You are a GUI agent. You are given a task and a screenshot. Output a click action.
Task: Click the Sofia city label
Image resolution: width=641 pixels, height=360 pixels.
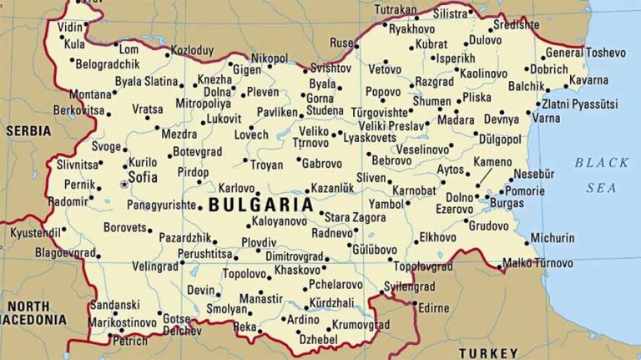[144, 177]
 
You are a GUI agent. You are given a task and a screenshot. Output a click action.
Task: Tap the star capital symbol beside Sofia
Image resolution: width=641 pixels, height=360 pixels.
[124, 184]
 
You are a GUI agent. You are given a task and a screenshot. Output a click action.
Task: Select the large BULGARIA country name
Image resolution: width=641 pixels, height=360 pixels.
[260, 204]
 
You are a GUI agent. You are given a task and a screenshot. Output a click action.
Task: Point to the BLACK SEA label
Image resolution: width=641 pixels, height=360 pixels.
[601, 175]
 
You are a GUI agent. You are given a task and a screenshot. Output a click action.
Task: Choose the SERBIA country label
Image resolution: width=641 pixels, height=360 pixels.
[28, 130]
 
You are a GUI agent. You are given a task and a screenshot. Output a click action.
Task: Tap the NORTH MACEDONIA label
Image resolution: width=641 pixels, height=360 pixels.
[33, 312]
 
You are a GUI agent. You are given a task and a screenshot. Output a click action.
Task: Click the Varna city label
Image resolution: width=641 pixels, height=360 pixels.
[546, 118]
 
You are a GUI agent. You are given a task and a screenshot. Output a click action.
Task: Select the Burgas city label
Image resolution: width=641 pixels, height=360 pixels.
[507, 203]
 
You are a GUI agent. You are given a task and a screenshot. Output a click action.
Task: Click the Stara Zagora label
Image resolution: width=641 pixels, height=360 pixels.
[355, 217]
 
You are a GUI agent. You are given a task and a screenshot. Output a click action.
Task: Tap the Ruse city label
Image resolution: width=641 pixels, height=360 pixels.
[341, 43]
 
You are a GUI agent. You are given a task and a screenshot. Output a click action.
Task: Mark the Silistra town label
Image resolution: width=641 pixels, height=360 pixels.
[451, 14]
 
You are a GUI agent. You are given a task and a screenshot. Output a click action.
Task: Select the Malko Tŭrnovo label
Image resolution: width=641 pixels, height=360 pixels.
[538, 264]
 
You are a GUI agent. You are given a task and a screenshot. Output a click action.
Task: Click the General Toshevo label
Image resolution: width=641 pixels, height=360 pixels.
[585, 53]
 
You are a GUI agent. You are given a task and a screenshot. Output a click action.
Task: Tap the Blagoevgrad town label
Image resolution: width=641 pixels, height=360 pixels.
[65, 251]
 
